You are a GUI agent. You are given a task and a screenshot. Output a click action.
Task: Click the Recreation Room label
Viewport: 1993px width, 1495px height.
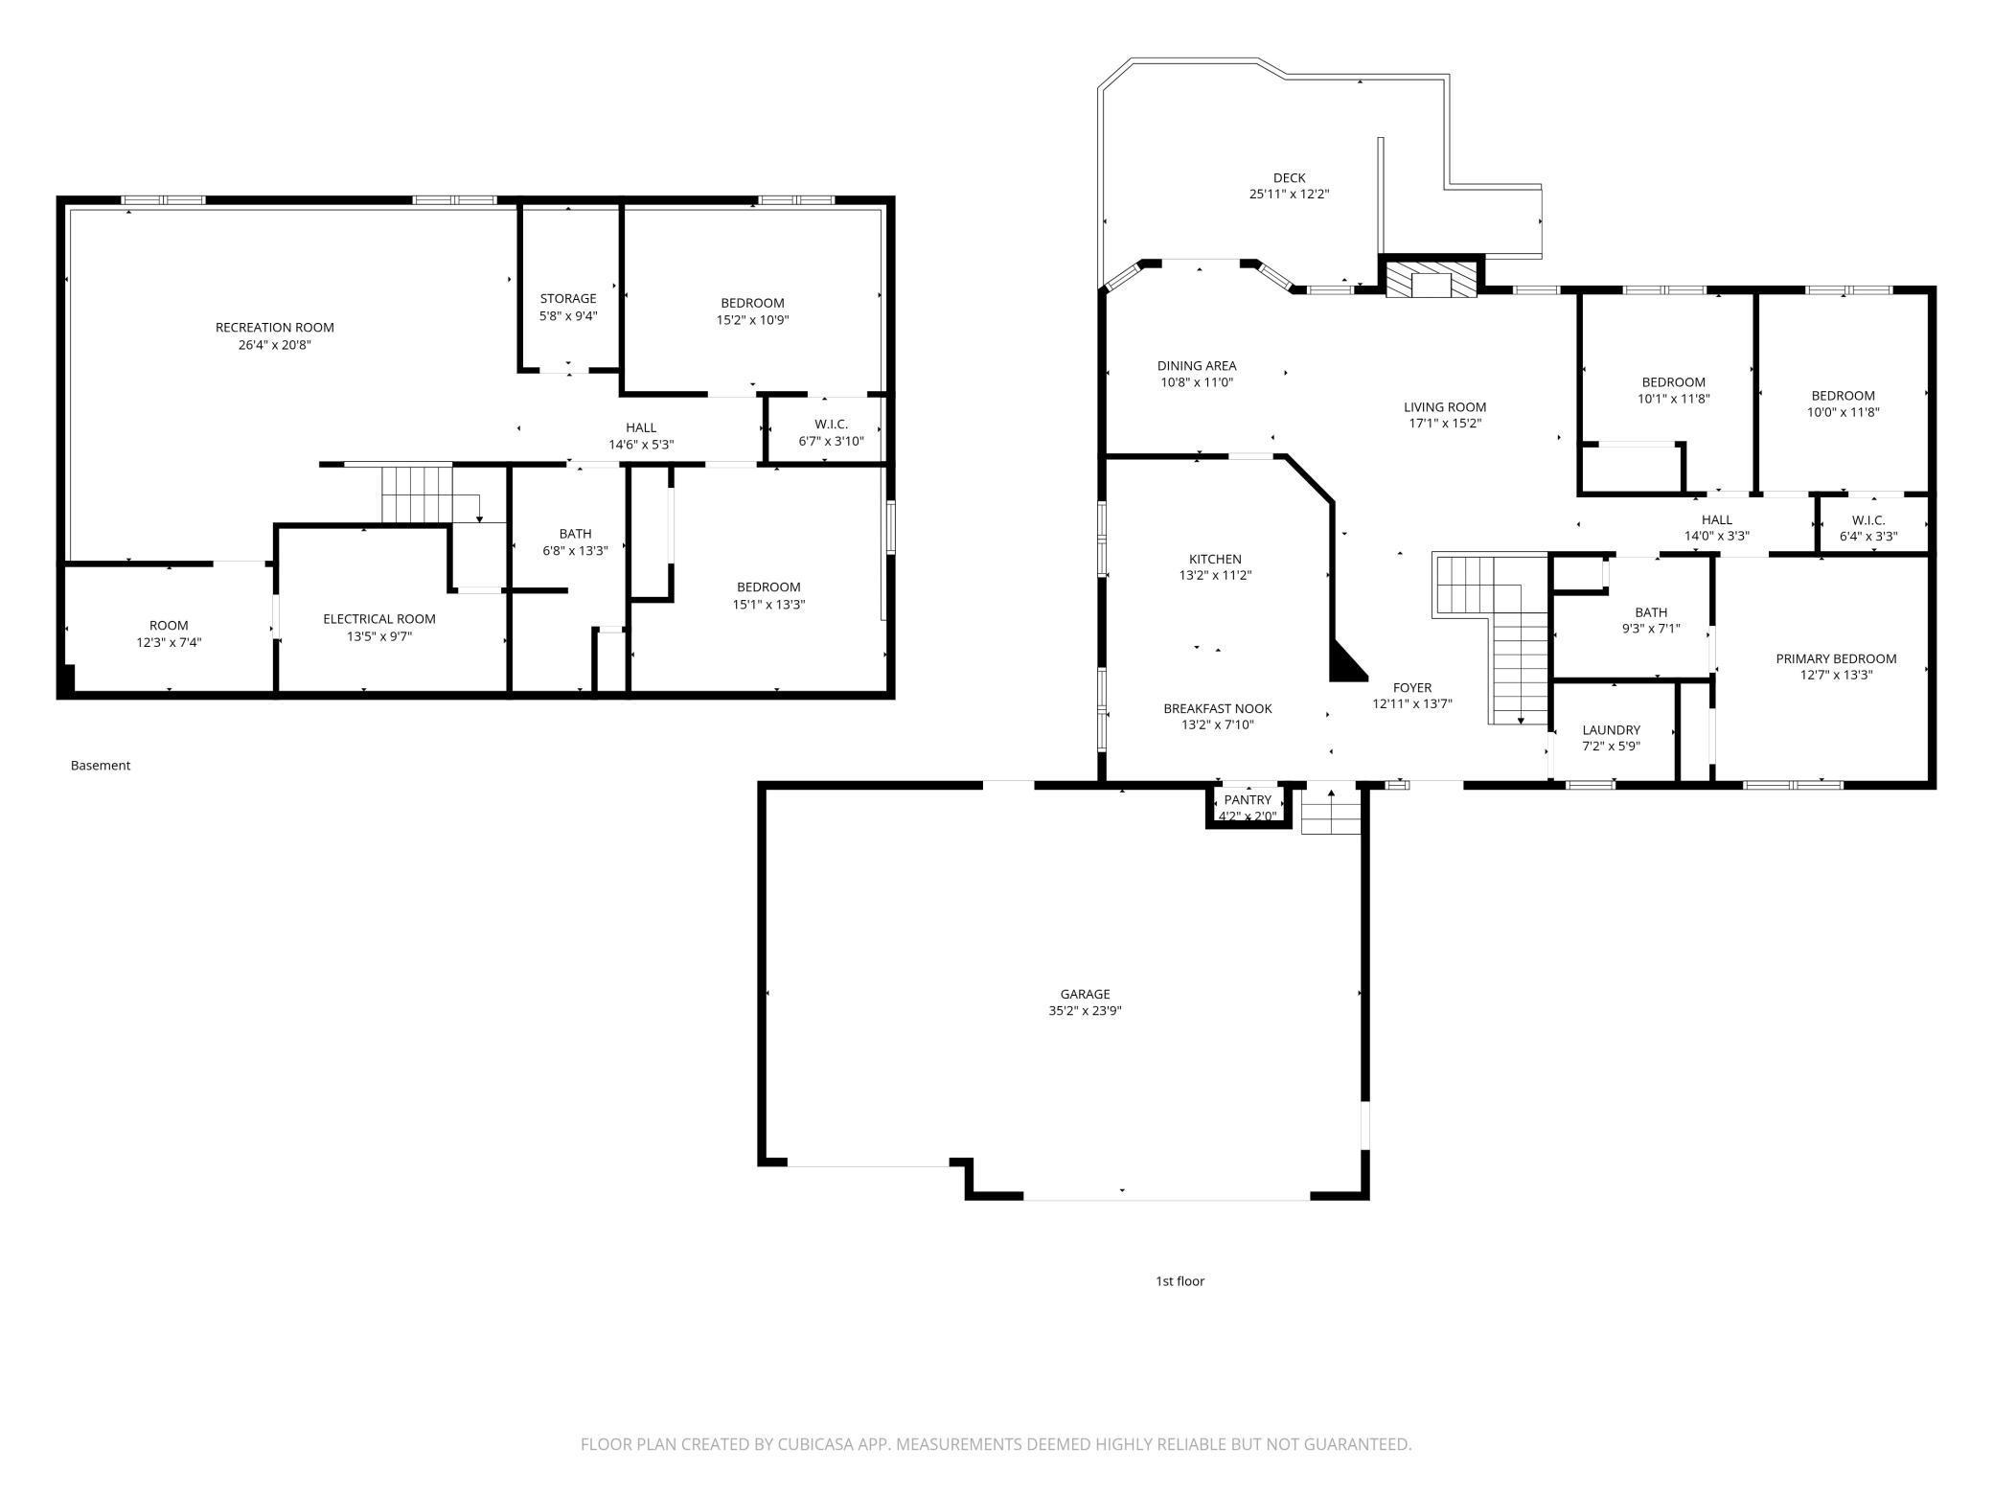coord(274,328)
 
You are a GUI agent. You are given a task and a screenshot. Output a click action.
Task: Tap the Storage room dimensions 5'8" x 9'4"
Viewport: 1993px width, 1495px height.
coord(567,316)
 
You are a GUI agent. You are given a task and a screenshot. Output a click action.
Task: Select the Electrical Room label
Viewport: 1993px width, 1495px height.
coord(378,619)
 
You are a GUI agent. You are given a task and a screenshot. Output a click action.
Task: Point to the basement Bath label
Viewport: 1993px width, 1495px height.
coord(575,534)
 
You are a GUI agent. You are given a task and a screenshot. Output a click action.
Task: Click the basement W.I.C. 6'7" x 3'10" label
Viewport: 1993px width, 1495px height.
coord(831,432)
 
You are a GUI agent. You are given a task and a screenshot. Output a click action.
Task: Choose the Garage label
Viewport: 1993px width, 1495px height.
coord(1085,994)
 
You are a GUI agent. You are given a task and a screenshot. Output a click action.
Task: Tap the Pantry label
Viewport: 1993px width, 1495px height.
coord(1248,800)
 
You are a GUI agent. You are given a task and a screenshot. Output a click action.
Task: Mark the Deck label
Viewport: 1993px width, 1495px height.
coord(1289,177)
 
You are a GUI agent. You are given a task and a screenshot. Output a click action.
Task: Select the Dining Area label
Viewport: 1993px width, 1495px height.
coord(1196,365)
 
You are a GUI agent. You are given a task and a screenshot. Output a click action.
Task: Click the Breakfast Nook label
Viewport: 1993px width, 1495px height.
coord(1217,708)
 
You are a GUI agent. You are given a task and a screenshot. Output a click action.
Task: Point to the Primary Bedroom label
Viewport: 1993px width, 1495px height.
coord(1835,658)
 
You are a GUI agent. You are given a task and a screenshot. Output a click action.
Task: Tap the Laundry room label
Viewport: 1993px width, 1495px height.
coord(1611,729)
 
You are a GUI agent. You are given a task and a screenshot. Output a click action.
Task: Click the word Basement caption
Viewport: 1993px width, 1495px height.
coord(100,765)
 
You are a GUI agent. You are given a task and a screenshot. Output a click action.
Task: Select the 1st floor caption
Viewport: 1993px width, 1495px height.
coord(1179,1280)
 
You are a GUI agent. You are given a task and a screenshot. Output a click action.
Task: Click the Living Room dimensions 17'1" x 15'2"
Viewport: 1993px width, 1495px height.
coord(1444,424)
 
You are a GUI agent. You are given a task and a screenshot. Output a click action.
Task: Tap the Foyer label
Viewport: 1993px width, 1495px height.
coord(1411,687)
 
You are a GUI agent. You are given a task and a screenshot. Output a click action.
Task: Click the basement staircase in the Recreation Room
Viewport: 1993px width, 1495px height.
coord(417,494)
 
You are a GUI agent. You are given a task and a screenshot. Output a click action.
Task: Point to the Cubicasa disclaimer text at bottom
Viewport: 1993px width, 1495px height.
coord(996,1443)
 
